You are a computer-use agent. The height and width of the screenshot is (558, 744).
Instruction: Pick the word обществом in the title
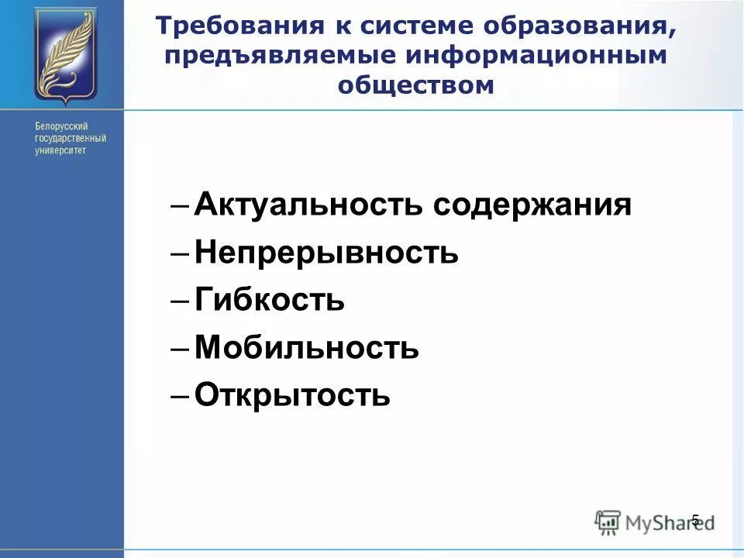[x=415, y=84]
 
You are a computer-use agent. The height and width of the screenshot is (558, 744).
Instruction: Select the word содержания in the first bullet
[x=532, y=205]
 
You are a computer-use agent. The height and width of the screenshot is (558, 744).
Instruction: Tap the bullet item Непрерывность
[x=326, y=253]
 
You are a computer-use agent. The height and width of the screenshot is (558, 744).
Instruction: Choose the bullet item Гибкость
[x=269, y=300]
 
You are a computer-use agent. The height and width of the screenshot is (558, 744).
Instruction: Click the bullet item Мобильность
[x=307, y=348]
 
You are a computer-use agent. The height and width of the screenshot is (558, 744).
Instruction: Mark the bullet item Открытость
[x=292, y=395]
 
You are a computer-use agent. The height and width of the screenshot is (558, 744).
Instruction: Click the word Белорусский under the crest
[x=61, y=126]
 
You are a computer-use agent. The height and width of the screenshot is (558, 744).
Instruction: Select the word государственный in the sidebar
[x=71, y=138]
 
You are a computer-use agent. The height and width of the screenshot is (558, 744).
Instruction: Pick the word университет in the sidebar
[x=60, y=150]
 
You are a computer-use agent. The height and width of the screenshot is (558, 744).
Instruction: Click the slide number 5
[x=695, y=520]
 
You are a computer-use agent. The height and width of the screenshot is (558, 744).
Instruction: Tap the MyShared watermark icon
[x=608, y=521]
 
